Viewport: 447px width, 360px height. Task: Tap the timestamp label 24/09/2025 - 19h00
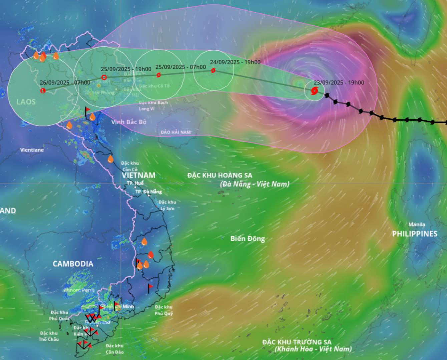click(235, 62)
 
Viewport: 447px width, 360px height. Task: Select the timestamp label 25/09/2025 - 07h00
click(180, 67)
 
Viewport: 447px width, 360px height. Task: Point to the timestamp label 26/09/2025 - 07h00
click(65, 83)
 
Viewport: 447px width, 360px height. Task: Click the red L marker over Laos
click(43, 91)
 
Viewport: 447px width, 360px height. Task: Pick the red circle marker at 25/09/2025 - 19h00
click(104, 78)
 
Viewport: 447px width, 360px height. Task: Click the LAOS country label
click(26, 101)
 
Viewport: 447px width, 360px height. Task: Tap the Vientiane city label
click(32, 150)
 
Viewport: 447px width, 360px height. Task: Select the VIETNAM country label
click(138, 175)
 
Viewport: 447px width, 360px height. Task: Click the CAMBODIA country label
click(73, 264)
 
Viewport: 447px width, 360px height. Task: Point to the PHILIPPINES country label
click(415, 234)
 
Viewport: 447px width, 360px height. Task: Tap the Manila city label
click(417, 224)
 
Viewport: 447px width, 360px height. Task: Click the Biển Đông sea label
click(248, 239)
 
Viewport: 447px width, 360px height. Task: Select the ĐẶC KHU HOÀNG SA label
click(220, 175)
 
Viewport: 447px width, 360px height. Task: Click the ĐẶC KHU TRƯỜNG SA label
click(297, 342)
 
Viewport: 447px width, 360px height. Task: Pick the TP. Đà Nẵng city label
click(148, 192)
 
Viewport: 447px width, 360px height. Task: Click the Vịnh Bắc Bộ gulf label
click(129, 122)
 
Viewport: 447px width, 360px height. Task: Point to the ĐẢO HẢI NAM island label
click(175, 132)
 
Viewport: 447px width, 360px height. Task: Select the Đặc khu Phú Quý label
click(163, 310)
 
